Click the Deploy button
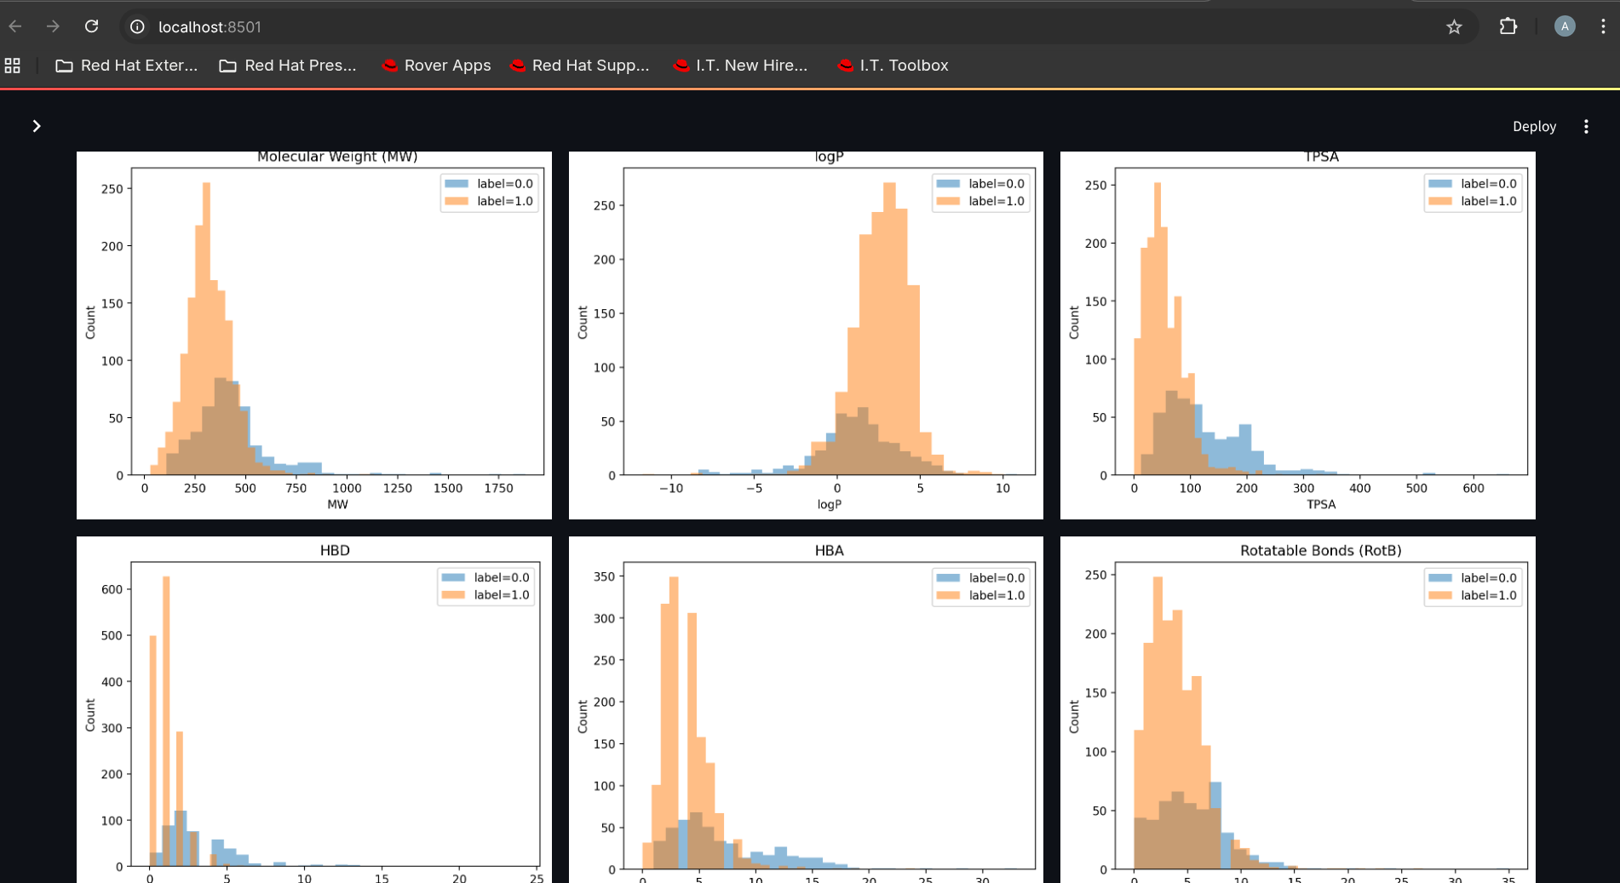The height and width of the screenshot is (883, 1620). (x=1533, y=126)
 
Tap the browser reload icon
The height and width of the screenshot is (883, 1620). (x=91, y=26)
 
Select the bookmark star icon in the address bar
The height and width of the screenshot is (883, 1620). (x=1454, y=27)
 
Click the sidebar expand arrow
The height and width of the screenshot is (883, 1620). (x=37, y=126)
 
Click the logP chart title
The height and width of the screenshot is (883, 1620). (x=829, y=157)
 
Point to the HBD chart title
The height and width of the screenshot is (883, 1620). (x=335, y=550)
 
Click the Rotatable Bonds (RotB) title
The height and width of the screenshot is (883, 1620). (x=1320, y=550)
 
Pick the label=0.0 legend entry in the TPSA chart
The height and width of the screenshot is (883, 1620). (x=1488, y=183)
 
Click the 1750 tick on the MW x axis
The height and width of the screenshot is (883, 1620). (x=498, y=489)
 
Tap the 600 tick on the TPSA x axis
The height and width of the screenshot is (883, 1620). (x=1473, y=489)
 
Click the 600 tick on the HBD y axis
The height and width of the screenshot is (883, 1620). (x=112, y=589)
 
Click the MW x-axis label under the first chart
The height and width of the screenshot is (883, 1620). (x=337, y=504)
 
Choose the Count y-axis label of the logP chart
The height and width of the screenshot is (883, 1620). (x=583, y=323)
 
